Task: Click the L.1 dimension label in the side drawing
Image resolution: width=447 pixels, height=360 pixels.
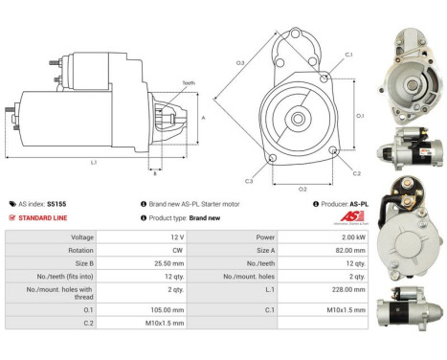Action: point(93,162)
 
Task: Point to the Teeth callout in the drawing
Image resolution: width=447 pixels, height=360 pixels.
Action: point(188,83)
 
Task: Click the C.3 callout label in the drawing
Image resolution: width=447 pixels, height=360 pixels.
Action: point(249,181)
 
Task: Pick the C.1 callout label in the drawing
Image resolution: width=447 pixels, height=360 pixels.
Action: point(348,55)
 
